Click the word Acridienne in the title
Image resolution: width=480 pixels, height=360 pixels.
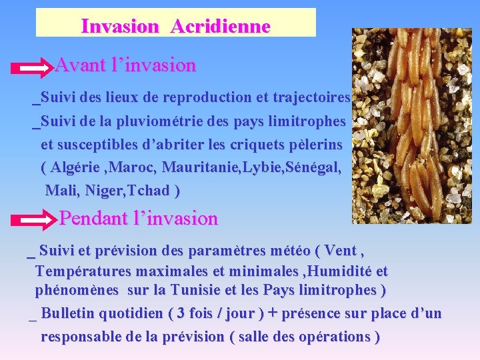tap(220, 27)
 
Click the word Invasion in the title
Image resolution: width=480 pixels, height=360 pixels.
tap(120, 27)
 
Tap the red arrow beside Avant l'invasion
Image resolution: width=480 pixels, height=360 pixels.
tap(33, 67)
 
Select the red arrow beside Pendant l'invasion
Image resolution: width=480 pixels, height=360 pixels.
tap(37, 219)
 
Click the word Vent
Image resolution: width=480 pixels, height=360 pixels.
tap(340, 251)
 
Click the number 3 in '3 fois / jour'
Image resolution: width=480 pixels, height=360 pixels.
tap(179, 314)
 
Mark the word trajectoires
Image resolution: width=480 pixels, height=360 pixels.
tap(311, 98)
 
